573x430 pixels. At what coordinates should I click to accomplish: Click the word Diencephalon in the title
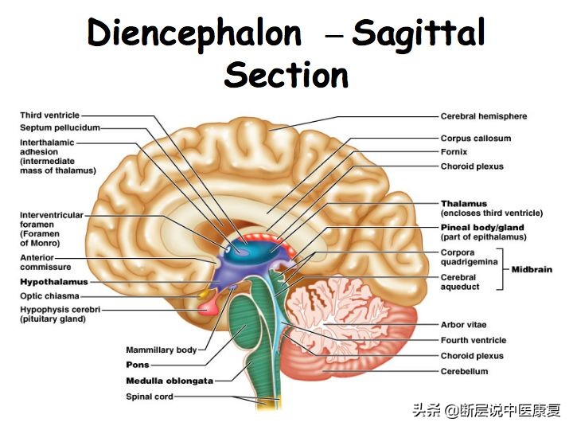tap(194, 34)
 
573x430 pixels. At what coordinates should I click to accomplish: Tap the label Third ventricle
tap(49, 115)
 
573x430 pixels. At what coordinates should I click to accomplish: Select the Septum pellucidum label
tap(60, 127)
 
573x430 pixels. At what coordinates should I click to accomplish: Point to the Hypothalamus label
tap(54, 282)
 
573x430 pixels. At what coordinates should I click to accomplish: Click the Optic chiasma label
tap(49, 295)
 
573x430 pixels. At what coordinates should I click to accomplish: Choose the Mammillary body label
tap(162, 350)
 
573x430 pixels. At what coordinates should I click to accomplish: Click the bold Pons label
tap(137, 365)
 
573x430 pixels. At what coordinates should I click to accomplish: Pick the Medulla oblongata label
tap(169, 381)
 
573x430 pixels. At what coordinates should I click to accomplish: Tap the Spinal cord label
tap(149, 397)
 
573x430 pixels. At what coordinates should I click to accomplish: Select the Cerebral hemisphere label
tap(483, 116)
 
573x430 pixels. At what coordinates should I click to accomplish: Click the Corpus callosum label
tap(475, 139)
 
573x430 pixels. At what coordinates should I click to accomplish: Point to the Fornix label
tap(454, 152)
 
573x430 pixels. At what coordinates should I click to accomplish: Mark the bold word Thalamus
tap(463, 204)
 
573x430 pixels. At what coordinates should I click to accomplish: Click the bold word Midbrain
tap(531, 269)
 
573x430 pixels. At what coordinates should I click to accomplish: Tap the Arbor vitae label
tap(463, 325)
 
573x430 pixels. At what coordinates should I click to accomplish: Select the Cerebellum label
tap(464, 371)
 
